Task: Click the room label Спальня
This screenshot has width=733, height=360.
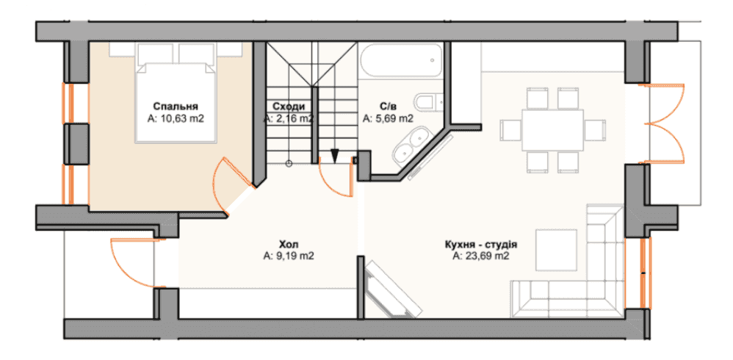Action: click(176, 106)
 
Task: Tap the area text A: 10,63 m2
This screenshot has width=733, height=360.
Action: click(176, 119)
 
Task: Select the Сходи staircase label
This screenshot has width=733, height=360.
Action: click(289, 106)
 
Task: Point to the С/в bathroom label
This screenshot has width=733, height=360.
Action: click(388, 106)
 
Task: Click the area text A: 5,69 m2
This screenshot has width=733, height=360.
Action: click(388, 119)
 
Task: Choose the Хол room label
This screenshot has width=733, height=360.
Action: click(289, 244)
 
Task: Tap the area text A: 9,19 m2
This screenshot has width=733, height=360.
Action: click(289, 256)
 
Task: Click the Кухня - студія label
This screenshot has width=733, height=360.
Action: click(480, 244)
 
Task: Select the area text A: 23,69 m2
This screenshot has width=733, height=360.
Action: click(480, 256)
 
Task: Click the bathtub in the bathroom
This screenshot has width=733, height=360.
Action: click(400, 60)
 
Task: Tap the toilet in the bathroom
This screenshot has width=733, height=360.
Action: click(428, 101)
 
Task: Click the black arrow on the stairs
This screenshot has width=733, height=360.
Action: click(335, 156)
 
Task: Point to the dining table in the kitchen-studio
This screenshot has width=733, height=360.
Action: click(552, 129)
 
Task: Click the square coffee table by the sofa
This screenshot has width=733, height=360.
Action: click(556, 250)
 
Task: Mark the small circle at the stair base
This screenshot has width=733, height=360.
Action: click(289, 164)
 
